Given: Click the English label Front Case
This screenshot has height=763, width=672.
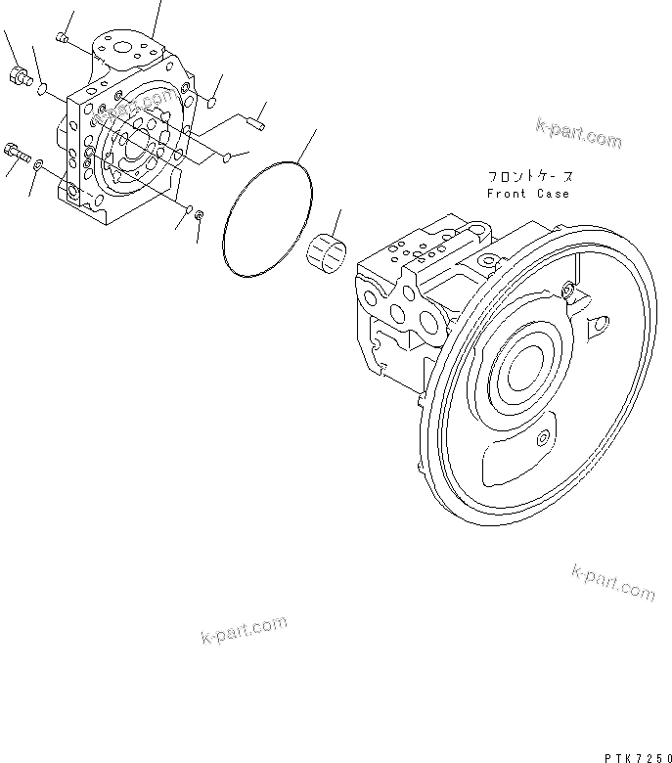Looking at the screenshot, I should tap(528, 194).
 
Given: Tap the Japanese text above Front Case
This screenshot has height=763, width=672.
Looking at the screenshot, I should tap(530, 177).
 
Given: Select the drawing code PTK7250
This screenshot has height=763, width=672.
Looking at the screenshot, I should tap(631, 753).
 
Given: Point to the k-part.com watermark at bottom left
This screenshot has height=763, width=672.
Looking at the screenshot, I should tap(245, 630).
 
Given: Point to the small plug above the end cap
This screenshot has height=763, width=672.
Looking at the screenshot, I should tap(62, 38).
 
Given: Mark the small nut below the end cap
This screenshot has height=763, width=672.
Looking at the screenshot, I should tap(199, 214).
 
